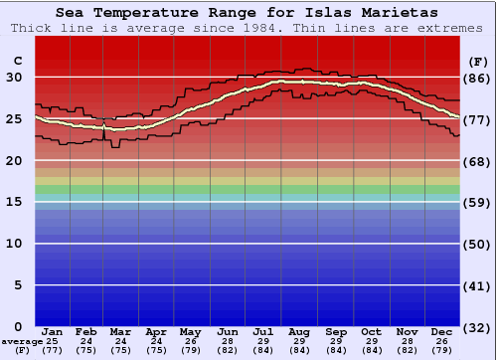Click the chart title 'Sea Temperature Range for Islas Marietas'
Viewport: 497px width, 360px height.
coord(246,13)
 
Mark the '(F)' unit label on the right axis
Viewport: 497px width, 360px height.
coord(478,62)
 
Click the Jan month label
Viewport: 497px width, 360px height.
coord(53,331)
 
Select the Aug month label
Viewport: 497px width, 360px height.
coord(298,331)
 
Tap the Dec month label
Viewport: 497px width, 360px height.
coord(442,331)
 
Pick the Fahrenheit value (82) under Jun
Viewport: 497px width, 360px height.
coord(228,350)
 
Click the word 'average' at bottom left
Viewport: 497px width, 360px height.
coord(22,341)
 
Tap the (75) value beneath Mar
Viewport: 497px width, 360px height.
coord(120,350)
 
